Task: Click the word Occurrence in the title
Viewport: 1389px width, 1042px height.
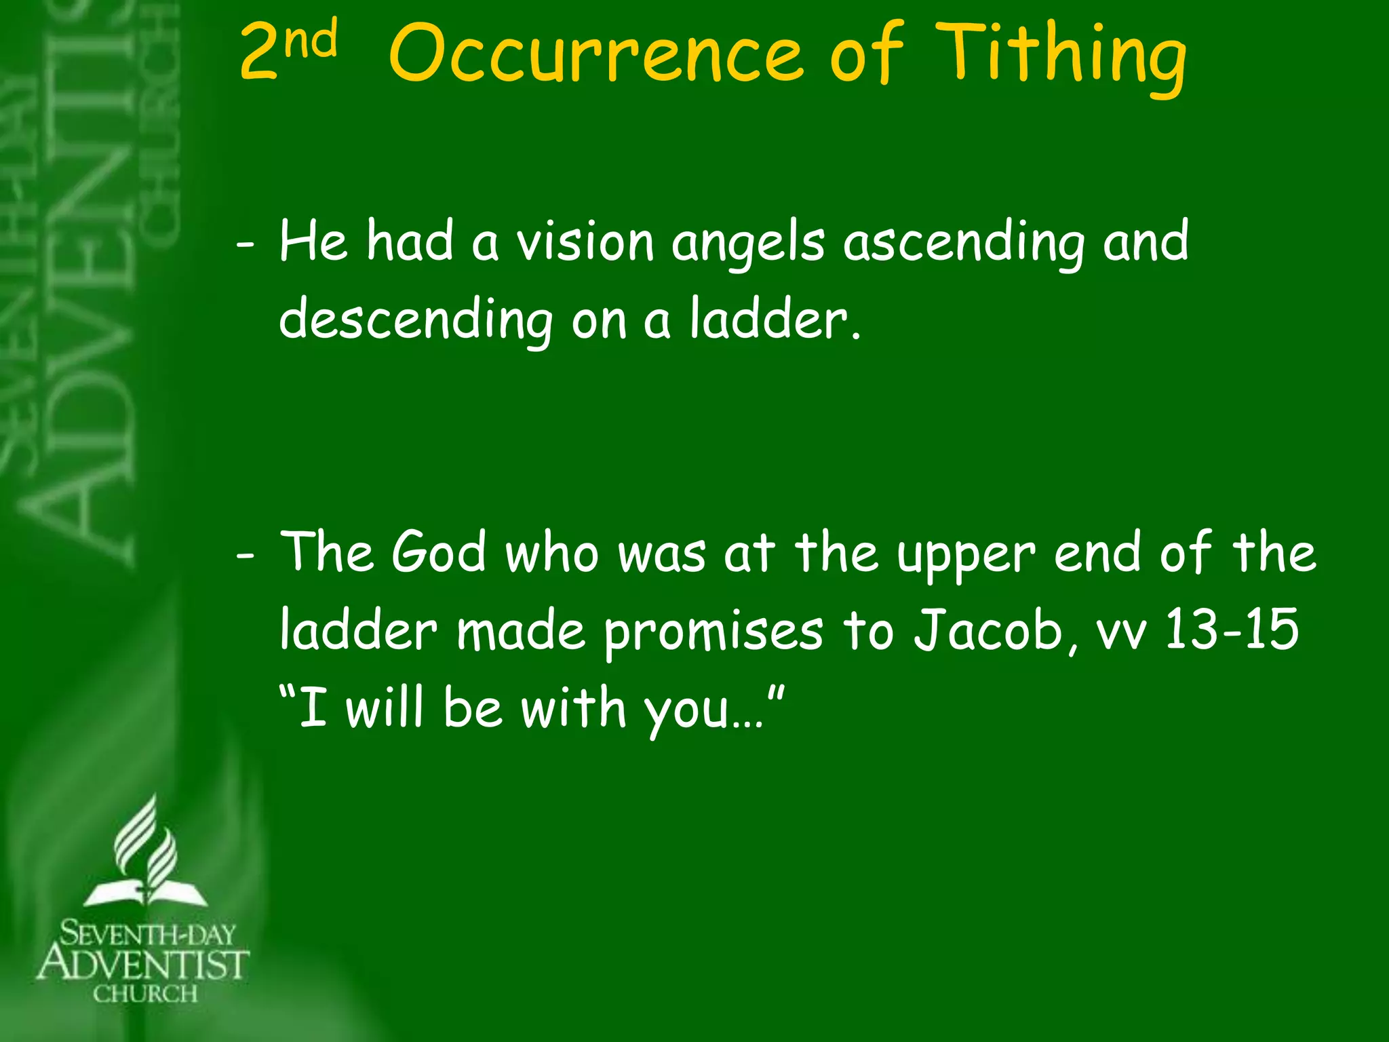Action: click(x=597, y=54)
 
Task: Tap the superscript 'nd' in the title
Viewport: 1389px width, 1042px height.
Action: click(x=311, y=39)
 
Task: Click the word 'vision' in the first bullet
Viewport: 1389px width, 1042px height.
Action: click(x=585, y=242)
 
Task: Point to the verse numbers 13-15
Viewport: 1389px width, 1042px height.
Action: click(x=1231, y=630)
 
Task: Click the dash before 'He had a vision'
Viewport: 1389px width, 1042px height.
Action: click(x=246, y=244)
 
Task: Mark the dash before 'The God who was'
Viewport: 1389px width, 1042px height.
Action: click(x=246, y=555)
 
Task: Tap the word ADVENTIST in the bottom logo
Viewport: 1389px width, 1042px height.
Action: click(x=143, y=964)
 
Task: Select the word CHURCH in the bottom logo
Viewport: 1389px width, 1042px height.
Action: click(x=145, y=995)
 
